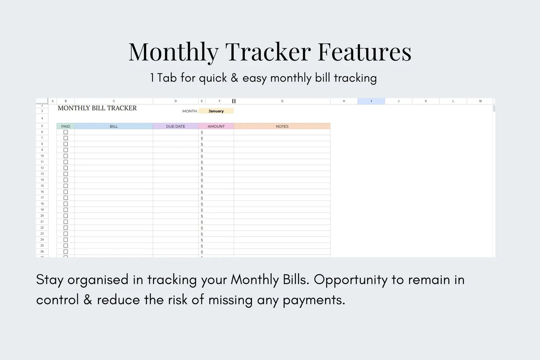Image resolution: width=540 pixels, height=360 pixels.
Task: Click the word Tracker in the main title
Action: [x=268, y=52]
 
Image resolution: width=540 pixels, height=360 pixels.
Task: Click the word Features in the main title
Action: [x=364, y=52]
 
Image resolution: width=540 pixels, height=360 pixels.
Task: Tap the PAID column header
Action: [x=66, y=126]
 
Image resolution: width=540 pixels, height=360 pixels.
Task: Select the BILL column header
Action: [x=114, y=126]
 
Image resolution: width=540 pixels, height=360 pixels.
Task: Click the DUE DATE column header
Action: [x=176, y=126]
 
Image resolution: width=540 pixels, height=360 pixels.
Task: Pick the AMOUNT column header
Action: [x=216, y=126]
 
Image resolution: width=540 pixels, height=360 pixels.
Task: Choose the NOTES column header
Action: [x=282, y=126]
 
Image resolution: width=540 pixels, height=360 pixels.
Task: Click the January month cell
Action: [x=216, y=111]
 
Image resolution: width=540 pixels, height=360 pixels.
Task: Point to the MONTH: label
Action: [x=190, y=111]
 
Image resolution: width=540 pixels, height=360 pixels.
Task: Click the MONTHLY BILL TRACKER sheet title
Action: [x=97, y=108]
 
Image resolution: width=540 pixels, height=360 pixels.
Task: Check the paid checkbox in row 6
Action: [x=66, y=132]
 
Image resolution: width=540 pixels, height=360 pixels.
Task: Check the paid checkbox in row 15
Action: [x=66, y=186]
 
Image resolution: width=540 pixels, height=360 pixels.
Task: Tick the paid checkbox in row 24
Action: [x=66, y=240]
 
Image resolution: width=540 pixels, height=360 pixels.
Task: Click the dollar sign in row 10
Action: [x=202, y=156]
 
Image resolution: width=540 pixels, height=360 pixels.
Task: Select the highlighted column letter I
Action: [x=371, y=101]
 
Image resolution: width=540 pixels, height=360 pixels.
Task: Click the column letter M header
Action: [x=480, y=101]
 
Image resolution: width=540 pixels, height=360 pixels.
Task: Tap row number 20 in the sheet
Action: [x=42, y=216]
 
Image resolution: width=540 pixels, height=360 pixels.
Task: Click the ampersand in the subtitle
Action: [x=234, y=78]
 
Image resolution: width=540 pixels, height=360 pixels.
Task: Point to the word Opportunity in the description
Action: [x=351, y=280]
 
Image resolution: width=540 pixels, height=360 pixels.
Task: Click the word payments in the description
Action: [x=314, y=300]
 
